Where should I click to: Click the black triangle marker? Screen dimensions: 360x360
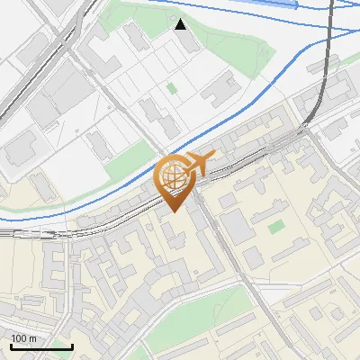[x=181, y=24]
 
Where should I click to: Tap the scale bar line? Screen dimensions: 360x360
[x=41, y=347]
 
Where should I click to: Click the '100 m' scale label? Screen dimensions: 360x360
[x=23, y=338]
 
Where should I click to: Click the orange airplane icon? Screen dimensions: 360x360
[x=201, y=163]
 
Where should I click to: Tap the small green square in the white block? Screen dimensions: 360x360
[x=172, y=88]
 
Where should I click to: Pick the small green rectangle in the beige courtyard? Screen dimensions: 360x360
[x=276, y=227]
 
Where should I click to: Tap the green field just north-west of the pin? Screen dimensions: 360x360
[x=126, y=162]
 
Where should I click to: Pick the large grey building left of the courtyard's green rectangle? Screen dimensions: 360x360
[x=236, y=225]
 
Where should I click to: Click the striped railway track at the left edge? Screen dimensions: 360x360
[x=18, y=232]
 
